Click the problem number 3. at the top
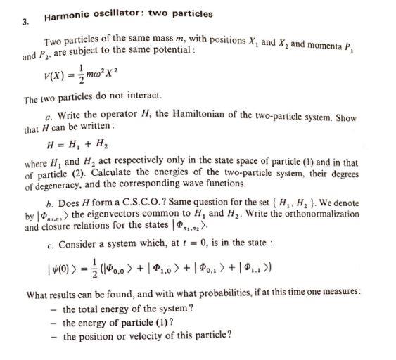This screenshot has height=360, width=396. [x=25, y=22]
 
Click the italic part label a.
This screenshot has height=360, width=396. [x=46, y=117]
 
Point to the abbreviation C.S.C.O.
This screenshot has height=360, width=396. [x=149, y=202]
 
